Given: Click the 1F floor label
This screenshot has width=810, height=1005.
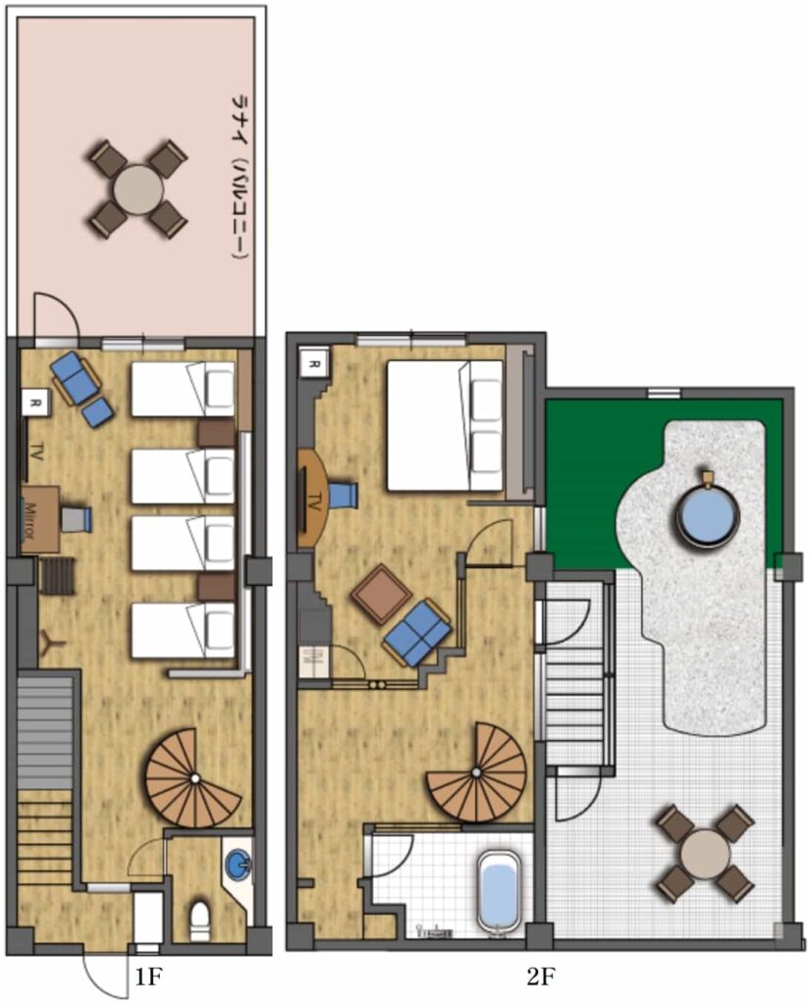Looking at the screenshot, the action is pos(147,977).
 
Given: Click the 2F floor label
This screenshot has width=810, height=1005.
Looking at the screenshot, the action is pos(540,977).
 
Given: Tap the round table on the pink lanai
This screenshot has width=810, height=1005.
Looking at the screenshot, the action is pos(137,189).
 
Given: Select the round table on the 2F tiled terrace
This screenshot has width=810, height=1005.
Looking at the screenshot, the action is pos(706,855).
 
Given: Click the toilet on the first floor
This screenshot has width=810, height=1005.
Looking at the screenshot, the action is pos(200,921).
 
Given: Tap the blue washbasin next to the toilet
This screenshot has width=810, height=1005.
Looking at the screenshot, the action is pos(239,864).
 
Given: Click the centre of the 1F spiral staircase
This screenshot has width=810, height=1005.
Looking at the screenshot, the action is pos(194,778).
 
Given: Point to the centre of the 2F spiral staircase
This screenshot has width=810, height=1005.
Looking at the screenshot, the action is pos(476,772).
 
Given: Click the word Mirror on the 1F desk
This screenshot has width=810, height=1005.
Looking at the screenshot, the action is pos(30,520).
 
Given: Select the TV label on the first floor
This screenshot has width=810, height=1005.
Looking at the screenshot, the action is pos(36,452).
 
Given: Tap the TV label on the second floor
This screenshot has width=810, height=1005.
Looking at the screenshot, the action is pos(314,502).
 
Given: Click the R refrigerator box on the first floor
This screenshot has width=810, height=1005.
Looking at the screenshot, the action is pos(36,403).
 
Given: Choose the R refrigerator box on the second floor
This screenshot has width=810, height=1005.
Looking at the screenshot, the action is pos(314,363).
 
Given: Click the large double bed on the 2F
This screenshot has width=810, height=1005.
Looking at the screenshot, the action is pos(445,426).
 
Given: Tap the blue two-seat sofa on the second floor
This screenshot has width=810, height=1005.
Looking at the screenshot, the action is pos(417,633).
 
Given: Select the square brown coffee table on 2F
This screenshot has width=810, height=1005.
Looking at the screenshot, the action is pos(382,594).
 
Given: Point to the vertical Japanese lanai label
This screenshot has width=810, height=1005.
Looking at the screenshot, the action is pos(241,177).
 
